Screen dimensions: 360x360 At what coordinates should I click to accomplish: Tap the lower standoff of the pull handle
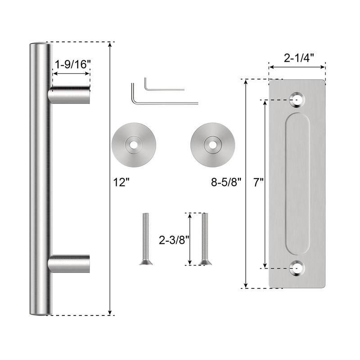70,264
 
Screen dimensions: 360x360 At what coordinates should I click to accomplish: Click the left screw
144,238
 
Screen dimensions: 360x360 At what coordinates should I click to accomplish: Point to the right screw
206,238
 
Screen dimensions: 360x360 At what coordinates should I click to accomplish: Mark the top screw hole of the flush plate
297,99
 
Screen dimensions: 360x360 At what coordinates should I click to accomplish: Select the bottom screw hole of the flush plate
297,269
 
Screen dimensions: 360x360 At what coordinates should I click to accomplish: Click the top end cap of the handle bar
40,45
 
